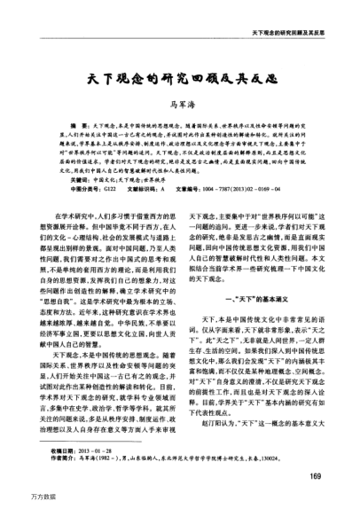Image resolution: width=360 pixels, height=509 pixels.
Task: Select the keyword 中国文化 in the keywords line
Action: pyautogui.click(x=91, y=177)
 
